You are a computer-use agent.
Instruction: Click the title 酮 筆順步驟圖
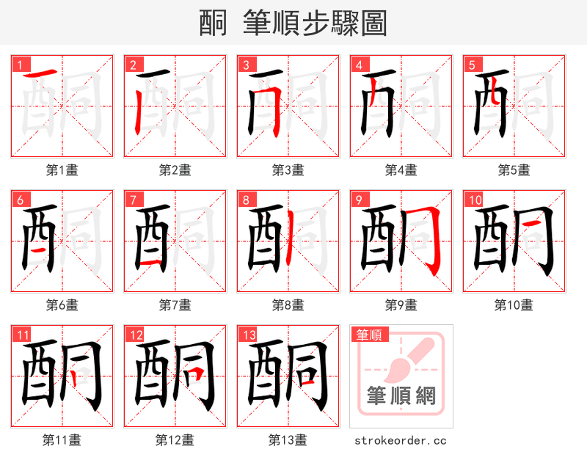293,23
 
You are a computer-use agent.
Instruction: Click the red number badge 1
18,65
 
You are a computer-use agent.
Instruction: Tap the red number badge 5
470,65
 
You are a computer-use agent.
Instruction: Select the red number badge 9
357,200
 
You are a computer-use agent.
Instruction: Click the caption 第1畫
62,170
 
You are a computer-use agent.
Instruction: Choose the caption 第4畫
401,170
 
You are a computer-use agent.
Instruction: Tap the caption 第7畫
175,304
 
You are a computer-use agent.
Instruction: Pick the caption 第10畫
514,304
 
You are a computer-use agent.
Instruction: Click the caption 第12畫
175,440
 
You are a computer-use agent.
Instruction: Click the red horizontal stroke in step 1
40,74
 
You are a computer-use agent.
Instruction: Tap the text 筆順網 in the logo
401,396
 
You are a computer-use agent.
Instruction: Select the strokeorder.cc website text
401,441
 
